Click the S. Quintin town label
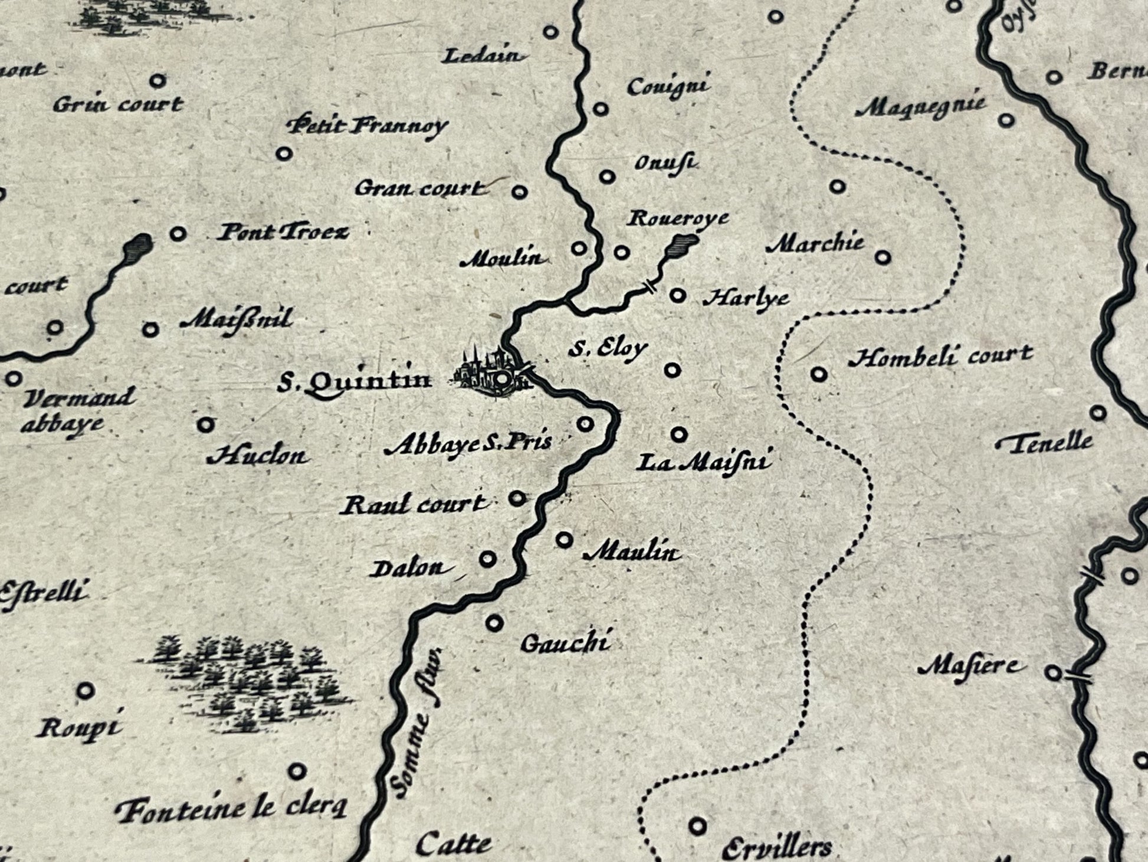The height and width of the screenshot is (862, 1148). (x=355, y=382)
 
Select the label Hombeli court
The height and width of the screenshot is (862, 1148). (x=940, y=356)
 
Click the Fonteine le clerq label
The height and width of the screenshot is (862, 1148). (x=231, y=808)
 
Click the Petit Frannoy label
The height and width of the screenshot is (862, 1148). (x=367, y=126)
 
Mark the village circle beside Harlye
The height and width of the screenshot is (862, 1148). (x=678, y=294)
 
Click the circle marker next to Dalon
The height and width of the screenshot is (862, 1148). (x=488, y=559)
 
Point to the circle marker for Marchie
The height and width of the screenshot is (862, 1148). (x=883, y=257)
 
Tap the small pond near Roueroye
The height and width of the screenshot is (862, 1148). (x=683, y=243)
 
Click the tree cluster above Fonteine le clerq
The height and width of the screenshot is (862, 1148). (x=245, y=679)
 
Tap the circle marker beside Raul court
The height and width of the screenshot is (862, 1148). (x=517, y=498)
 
